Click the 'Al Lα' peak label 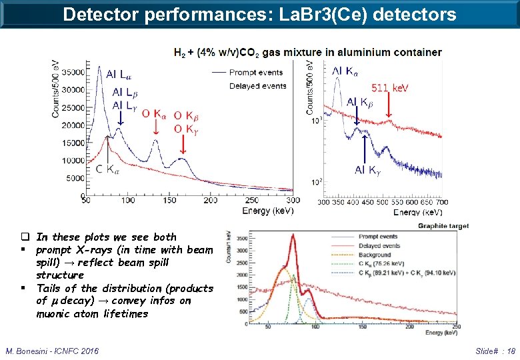pyautogui.click(x=119, y=74)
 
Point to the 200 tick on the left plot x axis pyautogui.click(x=210, y=200)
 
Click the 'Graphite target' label pyautogui.click(x=443, y=227)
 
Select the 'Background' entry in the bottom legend pyautogui.click(x=375, y=255)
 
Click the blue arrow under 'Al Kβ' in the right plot pyautogui.click(x=356, y=116)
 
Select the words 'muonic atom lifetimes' pyautogui.click(x=92, y=313)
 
